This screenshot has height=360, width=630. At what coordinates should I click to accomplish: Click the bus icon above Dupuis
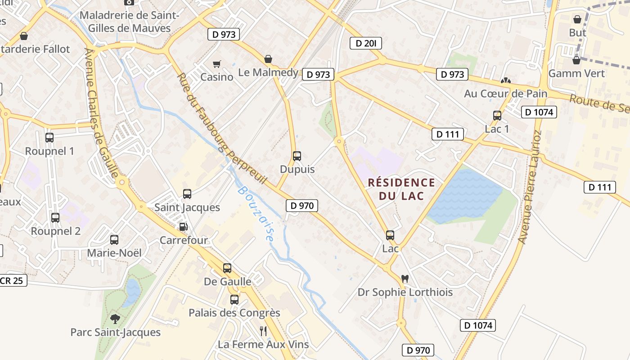click(x=297, y=156)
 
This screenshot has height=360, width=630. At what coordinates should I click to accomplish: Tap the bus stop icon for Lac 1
click(x=497, y=116)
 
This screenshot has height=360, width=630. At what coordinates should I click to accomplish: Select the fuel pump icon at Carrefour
click(x=183, y=227)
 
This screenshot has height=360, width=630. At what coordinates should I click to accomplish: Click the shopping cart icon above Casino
click(x=217, y=64)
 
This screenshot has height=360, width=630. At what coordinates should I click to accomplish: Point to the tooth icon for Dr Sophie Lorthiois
click(x=405, y=279)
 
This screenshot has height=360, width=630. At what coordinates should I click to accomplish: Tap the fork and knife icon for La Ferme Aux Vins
click(x=263, y=331)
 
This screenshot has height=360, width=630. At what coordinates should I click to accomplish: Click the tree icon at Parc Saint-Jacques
click(x=115, y=319)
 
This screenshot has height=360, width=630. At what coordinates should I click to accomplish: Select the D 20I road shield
click(x=366, y=43)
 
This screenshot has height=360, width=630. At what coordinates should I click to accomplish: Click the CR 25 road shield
click(x=13, y=280)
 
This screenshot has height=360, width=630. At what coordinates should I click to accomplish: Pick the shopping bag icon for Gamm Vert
click(x=576, y=60)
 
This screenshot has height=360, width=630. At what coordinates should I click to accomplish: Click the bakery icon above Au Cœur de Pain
click(x=506, y=81)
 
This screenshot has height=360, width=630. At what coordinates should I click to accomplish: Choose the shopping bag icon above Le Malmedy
click(x=268, y=59)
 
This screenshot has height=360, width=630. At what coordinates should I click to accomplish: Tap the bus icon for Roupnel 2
click(x=55, y=218)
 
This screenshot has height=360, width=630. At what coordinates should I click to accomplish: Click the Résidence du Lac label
click(x=401, y=189)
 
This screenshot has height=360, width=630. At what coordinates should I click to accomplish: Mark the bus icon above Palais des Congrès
click(x=234, y=300)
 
